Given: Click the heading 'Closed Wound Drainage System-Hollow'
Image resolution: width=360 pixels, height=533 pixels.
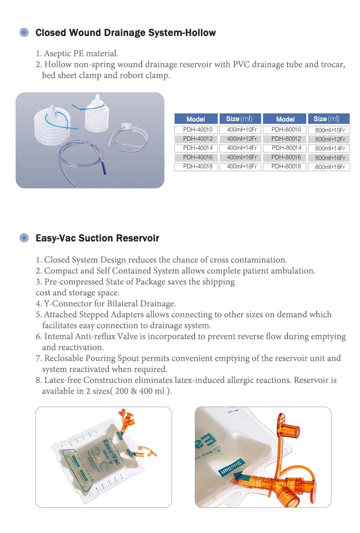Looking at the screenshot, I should click(125, 33).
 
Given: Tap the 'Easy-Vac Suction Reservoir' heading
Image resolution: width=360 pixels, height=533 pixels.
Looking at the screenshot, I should click(97, 238).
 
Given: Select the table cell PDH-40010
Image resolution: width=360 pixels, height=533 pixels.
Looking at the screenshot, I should click(196, 130).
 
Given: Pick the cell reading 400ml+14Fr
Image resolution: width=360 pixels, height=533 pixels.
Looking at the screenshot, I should click(242, 148).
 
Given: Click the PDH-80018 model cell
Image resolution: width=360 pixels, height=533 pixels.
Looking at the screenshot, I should click(286, 167).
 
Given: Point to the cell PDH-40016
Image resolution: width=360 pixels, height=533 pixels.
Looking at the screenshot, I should click(196, 157).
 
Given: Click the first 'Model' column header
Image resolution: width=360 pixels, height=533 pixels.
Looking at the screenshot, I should click(196, 119).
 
